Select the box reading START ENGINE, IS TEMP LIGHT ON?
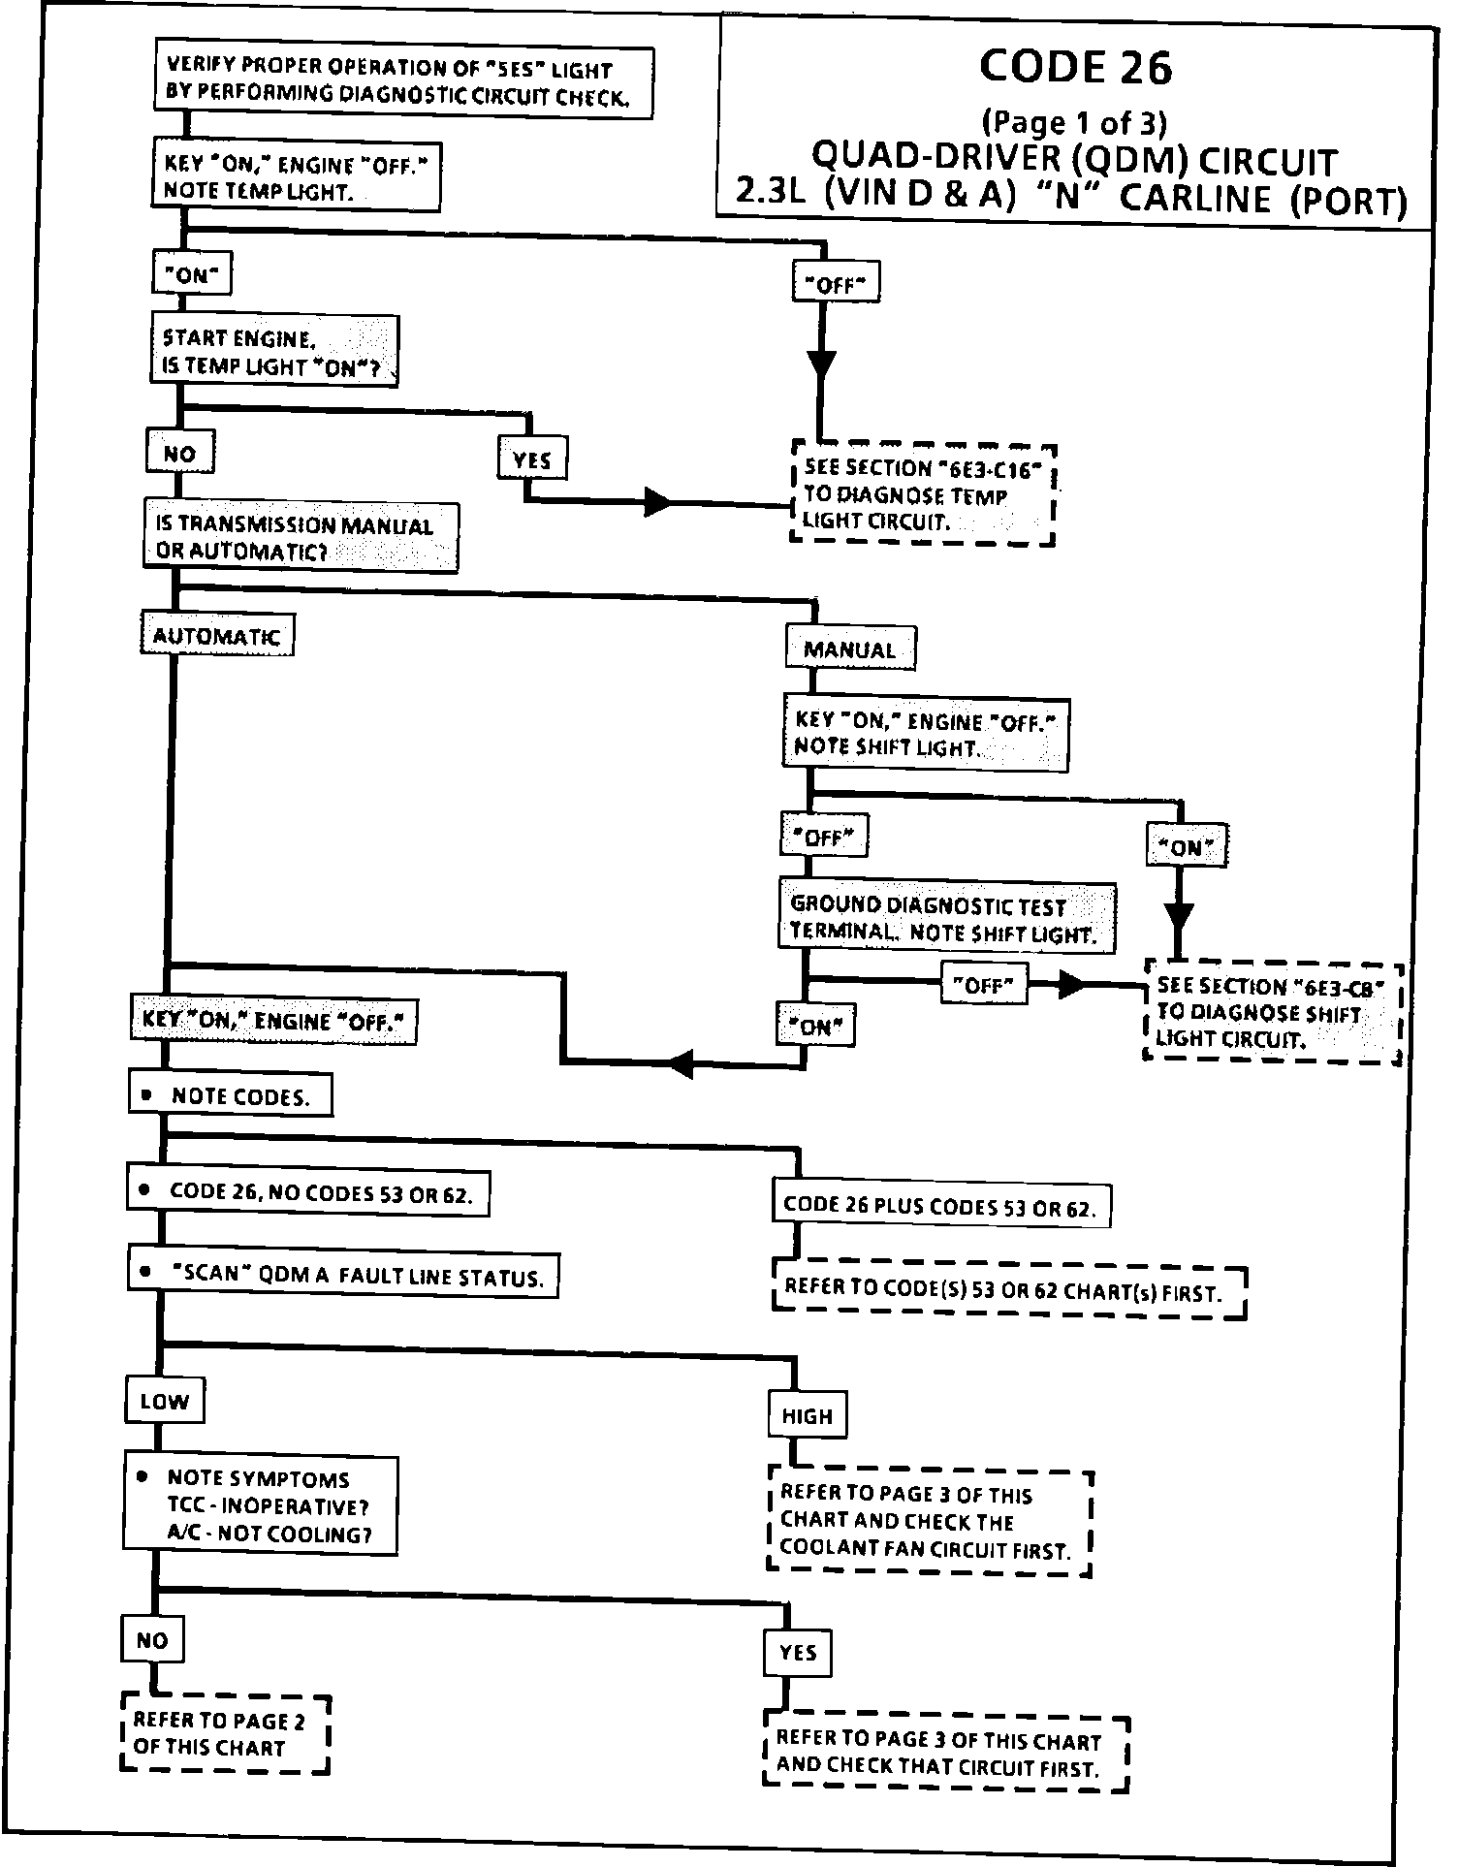click(274, 351)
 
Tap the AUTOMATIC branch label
click(217, 635)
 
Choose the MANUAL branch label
click(850, 649)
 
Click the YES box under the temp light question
click(532, 459)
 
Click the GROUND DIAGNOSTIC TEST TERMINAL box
click(947, 917)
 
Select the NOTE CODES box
click(231, 1095)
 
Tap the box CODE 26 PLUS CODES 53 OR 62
click(941, 1206)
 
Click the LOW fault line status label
click(165, 1401)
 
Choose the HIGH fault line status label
click(808, 1415)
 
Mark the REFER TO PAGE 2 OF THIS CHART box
click(225, 1734)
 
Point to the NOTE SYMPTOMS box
click(260, 1505)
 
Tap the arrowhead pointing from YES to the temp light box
click(659, 502)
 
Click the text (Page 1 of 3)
click(1074, 123)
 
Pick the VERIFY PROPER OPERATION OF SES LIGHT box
click(402, 82)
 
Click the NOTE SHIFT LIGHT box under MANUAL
click(926, 734)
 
